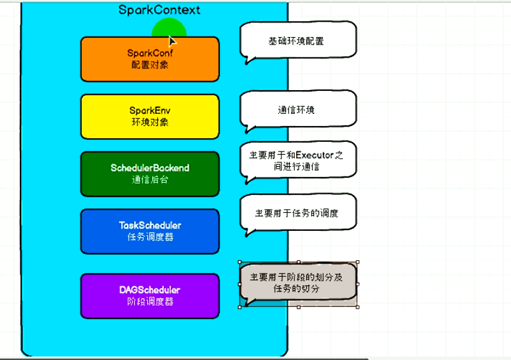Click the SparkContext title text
click(159, 10)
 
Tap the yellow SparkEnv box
click(150, 116)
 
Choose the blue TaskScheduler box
click(150, 231)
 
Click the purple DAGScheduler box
click(150, 295)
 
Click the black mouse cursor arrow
click(172, 40)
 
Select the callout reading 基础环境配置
click(297, 41)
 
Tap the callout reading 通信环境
click(297, 110)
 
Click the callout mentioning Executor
click(297, 160)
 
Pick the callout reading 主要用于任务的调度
click(297, 214)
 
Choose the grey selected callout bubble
click(297, 283)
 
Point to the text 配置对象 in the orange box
click(150, 65)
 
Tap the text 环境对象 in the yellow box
click(150, 122)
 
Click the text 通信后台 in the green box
click(150, 180)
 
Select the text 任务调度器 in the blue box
click(150, 237)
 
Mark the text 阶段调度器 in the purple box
click(150, 301)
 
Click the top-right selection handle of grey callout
click(357, 262)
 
